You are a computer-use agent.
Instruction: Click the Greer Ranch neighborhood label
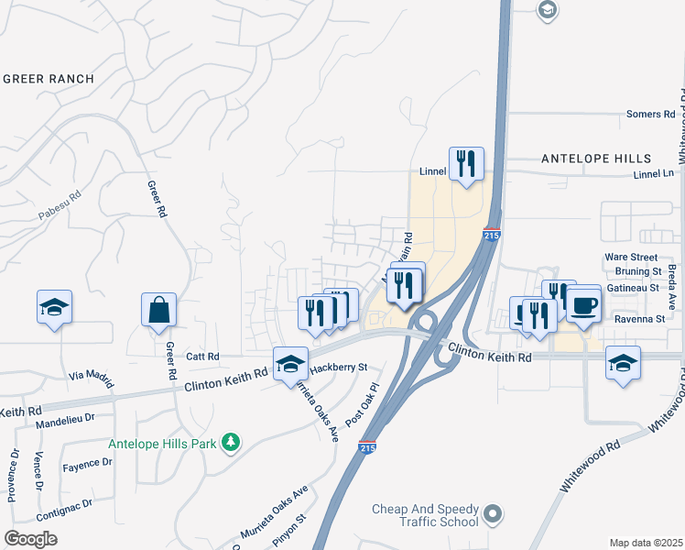pyautogui.click(x=49, y=79)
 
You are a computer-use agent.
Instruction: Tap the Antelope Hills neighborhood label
pyautogui.click(x=596, y=159)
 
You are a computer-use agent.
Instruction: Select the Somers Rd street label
pyautogui.click(x=650, y=115)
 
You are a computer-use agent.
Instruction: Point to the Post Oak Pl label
pyautogui.click(x=363, y=404)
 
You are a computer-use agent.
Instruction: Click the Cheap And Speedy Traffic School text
pyautogui.click(x=426, y=516)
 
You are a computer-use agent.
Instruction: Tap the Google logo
pyautogui.click(x=30, y=538)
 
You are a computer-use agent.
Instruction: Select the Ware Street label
pyautogui.click(x=631, y=258)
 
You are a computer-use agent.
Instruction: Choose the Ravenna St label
pyautogui.click(x=639, y=319)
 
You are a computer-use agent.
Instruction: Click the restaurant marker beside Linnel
pyautogui.click(x=466, y=164)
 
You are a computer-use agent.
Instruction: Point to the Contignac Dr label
pyautogui.click(x=63, y=503)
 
